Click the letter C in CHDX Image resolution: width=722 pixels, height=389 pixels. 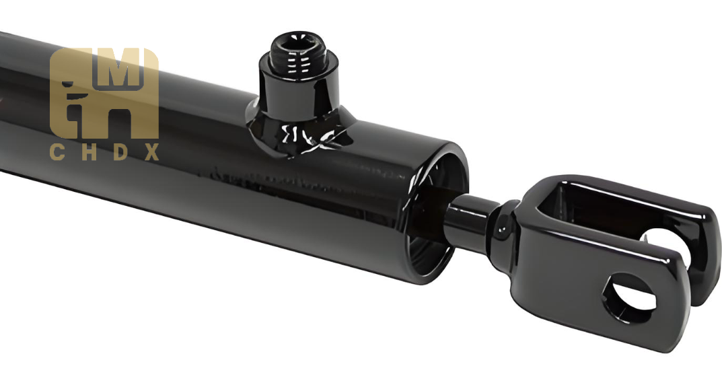click(57, 152)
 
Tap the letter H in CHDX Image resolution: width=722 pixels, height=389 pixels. click(89, 152)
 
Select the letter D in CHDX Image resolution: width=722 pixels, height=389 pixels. click(120, 152)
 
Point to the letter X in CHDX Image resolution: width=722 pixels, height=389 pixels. click(152, 152)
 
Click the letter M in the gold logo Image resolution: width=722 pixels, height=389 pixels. click(119, 69)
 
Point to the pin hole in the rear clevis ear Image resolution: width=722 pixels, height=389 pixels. click(663, 240)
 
